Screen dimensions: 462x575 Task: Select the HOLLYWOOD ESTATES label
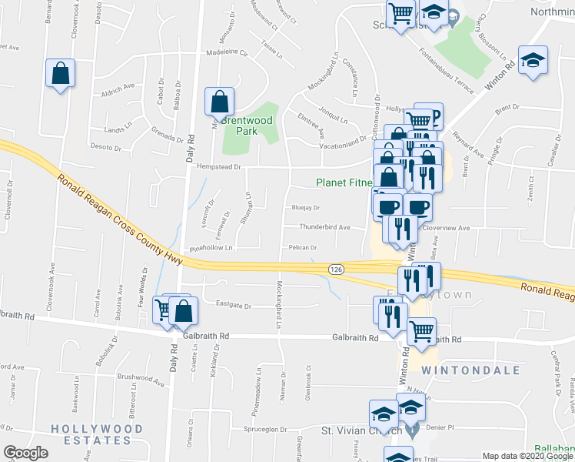91,434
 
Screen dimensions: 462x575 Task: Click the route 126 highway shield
335,269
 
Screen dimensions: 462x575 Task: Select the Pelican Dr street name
303,248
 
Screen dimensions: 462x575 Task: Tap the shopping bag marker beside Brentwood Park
220,101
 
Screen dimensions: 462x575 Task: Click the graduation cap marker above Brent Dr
531,61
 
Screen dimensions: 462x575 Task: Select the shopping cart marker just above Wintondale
421,331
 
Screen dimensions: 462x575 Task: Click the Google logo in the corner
25,453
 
